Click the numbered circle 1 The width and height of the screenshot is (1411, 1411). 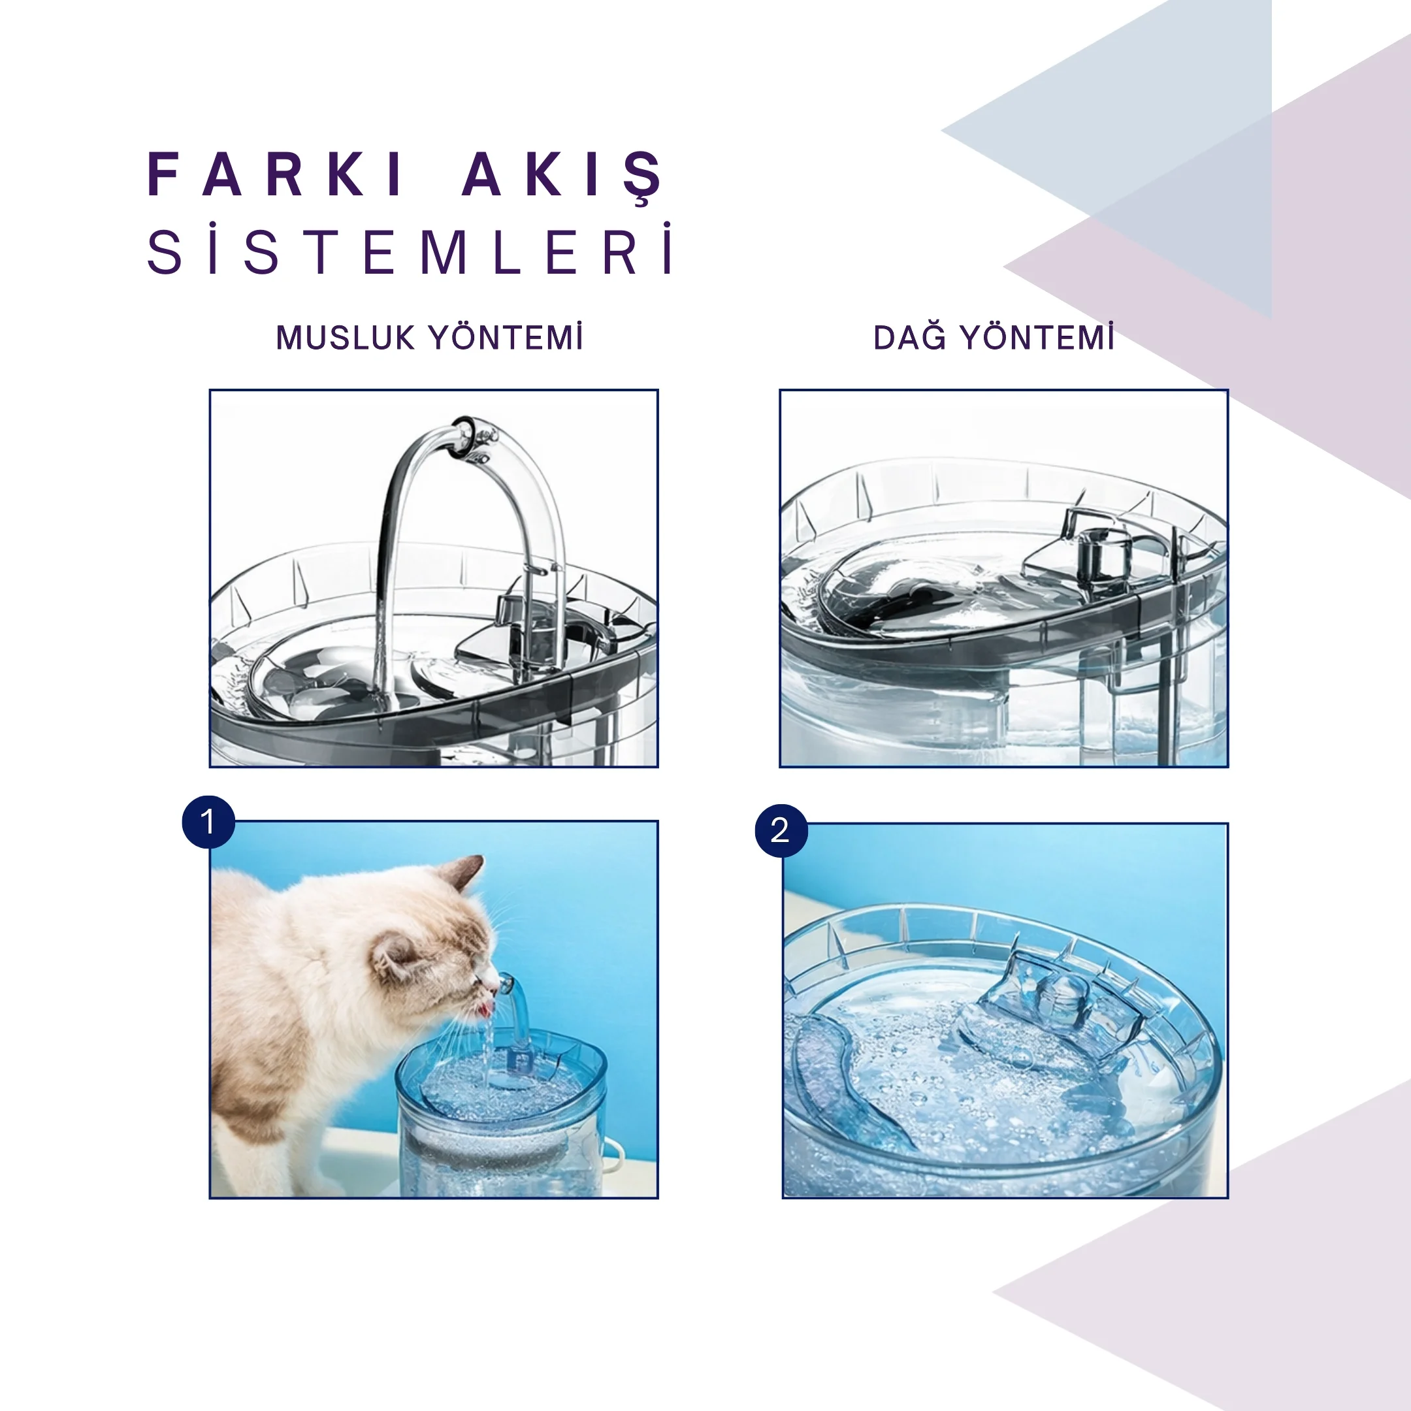208,822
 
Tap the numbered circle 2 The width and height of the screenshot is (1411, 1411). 781,830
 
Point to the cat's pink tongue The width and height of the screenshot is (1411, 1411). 484,1010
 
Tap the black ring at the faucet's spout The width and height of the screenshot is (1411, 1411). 466,438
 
